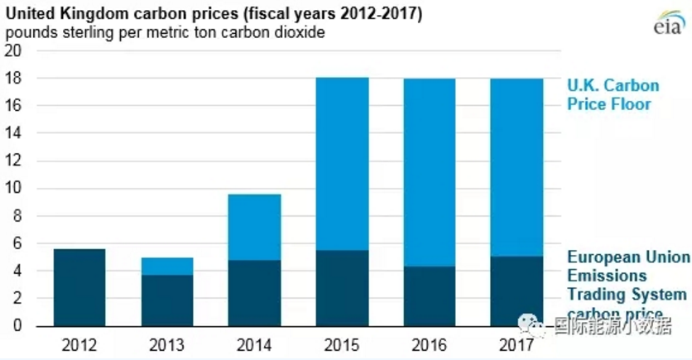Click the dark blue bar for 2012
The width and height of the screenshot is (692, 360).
[79, 287]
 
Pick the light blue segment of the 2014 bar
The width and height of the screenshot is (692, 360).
[254, 228]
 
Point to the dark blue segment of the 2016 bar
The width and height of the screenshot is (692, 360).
[430, 296]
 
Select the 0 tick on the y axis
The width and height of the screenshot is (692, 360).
[17, 326]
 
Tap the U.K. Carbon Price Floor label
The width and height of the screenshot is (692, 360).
[613, 95]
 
